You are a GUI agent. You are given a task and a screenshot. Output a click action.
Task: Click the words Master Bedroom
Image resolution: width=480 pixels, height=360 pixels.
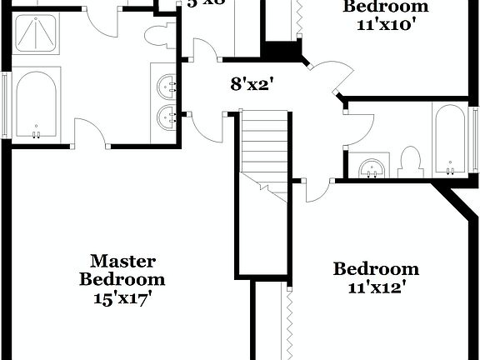coord(122,270)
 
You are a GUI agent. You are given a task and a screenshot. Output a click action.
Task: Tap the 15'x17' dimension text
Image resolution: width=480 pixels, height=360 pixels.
coord(122,297)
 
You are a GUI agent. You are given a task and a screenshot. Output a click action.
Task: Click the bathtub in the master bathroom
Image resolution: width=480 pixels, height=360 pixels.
coord(36,104)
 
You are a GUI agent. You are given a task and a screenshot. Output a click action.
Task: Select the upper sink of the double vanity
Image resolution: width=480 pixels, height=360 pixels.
coord(168,84)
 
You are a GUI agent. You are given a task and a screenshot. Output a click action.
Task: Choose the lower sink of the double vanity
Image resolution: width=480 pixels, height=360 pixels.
coord(168,116)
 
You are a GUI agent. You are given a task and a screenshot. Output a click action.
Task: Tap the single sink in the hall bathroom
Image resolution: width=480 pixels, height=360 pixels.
coord(372,167)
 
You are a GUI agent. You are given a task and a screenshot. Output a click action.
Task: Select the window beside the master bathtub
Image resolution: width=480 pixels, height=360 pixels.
coord(6,104)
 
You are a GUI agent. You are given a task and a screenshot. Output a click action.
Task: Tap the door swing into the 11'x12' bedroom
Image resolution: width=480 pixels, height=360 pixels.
coord(315,191)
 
